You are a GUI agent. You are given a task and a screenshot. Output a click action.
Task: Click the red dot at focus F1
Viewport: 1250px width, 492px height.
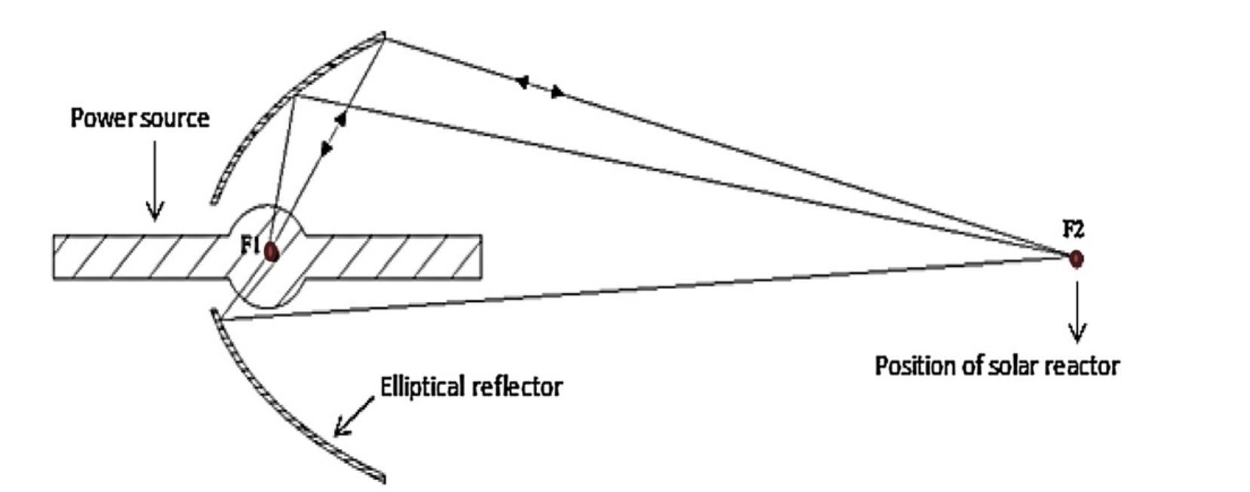(x=272, y=252)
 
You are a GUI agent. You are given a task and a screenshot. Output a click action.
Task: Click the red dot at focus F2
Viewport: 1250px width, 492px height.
(x=1076, y=259)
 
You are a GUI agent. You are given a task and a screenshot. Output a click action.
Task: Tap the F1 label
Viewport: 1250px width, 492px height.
(x=250, y=244)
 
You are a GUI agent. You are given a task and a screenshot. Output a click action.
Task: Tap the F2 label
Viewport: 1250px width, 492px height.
(x=1073, y=229)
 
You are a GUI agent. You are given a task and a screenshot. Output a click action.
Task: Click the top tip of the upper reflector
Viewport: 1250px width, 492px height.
(x=382, y=35)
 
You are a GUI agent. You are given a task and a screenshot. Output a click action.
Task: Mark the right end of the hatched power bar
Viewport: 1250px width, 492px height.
(x=480, y=257)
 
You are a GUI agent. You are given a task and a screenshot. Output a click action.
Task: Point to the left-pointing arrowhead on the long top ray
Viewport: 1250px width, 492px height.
(x=521, y=81)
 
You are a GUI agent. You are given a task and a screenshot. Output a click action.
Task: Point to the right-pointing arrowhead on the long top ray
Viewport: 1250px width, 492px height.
(x=557, y=92)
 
